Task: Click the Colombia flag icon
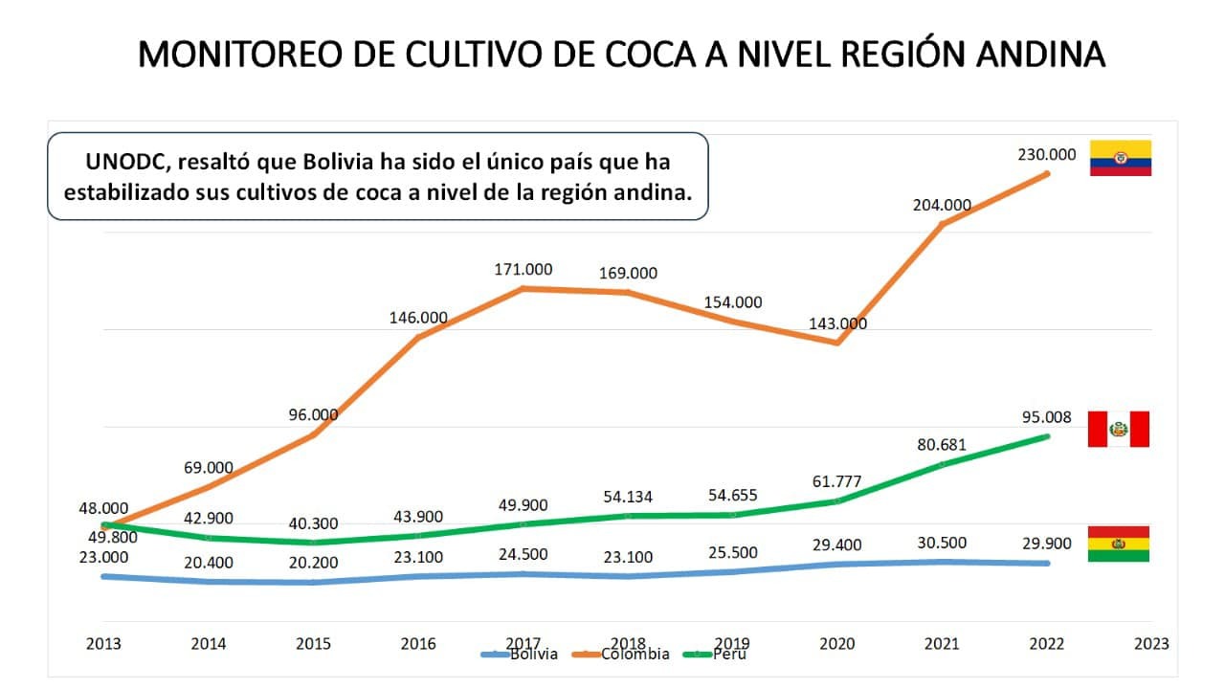click(x=1121, y=158)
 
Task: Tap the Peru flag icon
click(x=1118, y=429)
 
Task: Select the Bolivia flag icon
click(x=1119, y=544)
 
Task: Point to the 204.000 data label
click(x=942, y=204)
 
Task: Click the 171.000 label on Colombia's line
click(x=522, y=269)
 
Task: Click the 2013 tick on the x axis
click(x=103, y=644)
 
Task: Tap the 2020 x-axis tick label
click(x=837, y=644)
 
